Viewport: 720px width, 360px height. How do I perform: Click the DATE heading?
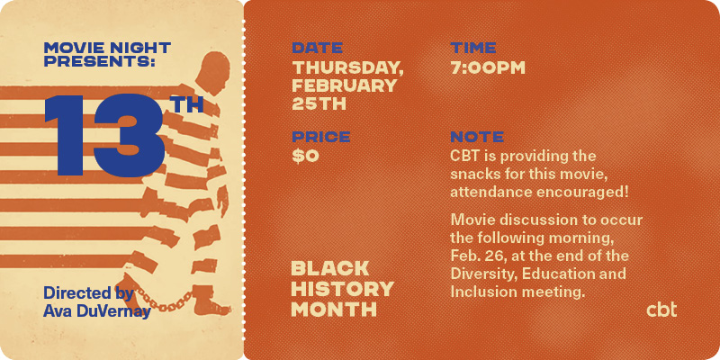pos(318,48)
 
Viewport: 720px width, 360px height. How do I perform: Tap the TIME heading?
pos(473,48)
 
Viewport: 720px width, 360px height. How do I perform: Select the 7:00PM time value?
pos(488,68)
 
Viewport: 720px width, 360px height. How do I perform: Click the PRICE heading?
pos(321,137)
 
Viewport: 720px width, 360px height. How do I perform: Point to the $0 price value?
pos(305,157)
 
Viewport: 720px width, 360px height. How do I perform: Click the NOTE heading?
pos(477,137)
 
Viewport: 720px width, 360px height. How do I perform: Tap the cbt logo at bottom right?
pos(661,309)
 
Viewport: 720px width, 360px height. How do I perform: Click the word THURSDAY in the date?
pos(347,68)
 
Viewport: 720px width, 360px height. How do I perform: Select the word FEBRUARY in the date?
pos(345,85)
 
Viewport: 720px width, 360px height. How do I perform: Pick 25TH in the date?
pos(319,103)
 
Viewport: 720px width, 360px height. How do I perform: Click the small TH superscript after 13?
pos(188,105)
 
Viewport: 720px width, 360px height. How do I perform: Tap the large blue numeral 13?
pos(104,135)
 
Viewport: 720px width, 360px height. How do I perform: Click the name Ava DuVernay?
pos(97,311)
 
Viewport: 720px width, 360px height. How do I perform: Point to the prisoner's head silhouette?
pos(211,72)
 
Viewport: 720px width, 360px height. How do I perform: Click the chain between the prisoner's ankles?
pos(163,300)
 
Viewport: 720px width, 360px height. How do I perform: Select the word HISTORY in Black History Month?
pos(343,289)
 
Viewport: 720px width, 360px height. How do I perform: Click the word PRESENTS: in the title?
pos(100,62)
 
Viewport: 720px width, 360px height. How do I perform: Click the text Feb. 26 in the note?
pos(477,256)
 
